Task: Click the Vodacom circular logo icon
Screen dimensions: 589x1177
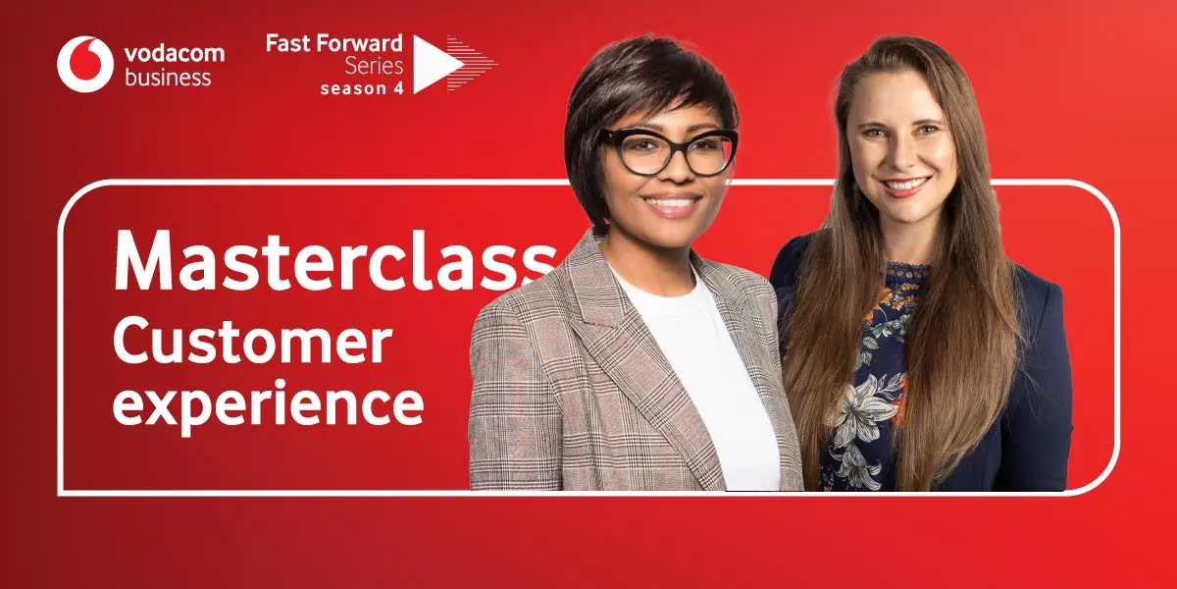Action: click(x=85, y=64)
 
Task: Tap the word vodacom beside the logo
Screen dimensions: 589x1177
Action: click(x=175, y=53)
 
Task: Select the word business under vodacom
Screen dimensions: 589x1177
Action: click(x=168, y=78)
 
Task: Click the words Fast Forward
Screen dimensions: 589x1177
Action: click(x=334, y=44)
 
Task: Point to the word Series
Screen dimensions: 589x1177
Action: click(x=374, y=67)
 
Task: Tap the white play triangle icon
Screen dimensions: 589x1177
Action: click(x=435, y=64)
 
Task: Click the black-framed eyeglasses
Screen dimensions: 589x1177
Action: click(x=667, y=150)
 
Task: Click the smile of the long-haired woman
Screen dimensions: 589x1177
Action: click(x=905, y=186)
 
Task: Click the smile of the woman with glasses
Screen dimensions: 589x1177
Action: click(x=673, y=203)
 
